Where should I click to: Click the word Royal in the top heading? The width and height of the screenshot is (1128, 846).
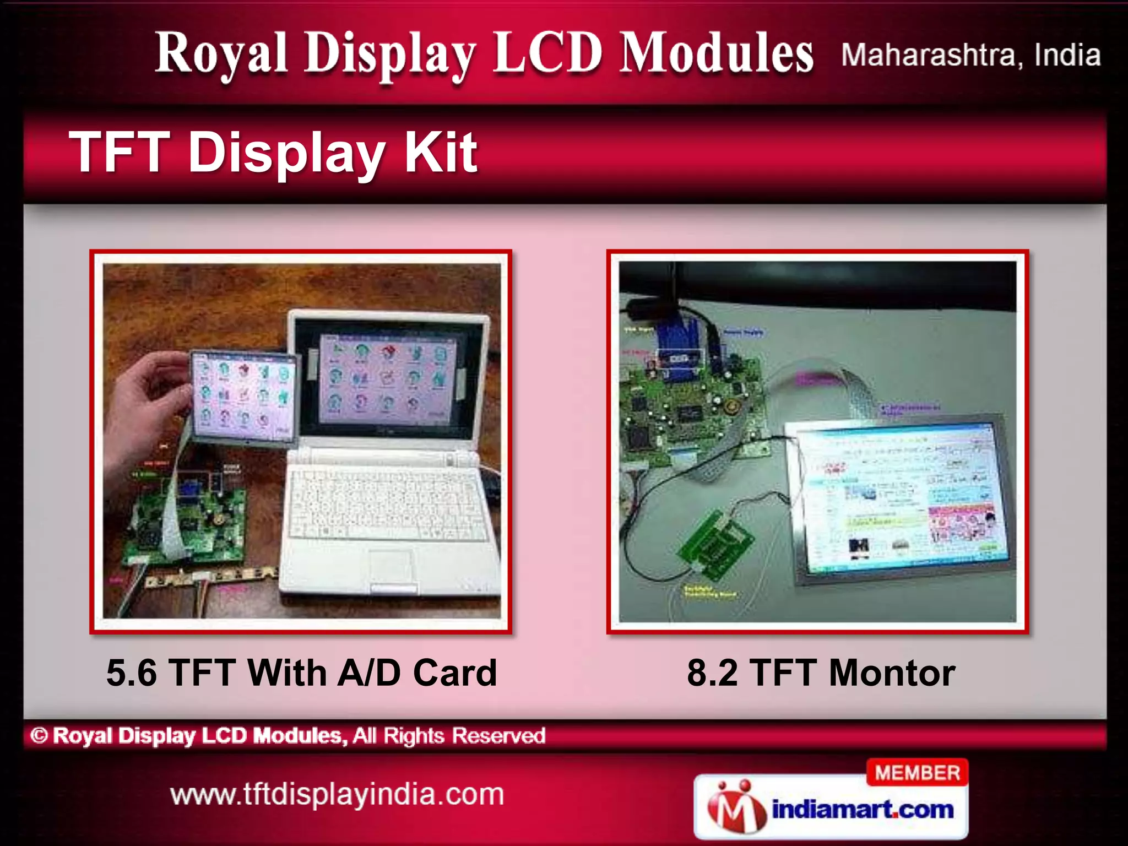point(221,54)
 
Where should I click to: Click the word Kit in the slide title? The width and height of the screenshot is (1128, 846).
point(441,153)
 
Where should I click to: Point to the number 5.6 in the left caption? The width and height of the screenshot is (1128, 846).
point(132,673)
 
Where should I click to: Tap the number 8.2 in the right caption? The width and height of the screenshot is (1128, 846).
point(712,673)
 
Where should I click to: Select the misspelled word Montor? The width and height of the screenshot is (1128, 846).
point(892,673)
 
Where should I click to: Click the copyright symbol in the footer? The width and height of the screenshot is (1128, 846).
point(39,735)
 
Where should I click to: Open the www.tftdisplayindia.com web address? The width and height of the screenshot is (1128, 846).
point(337,795)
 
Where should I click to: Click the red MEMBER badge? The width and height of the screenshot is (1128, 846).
point(917,773)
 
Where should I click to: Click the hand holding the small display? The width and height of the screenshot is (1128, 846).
point(146,397)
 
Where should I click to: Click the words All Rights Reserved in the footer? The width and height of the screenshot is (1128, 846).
point(449,735)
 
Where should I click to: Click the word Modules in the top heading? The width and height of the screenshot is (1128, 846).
point(716,54)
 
